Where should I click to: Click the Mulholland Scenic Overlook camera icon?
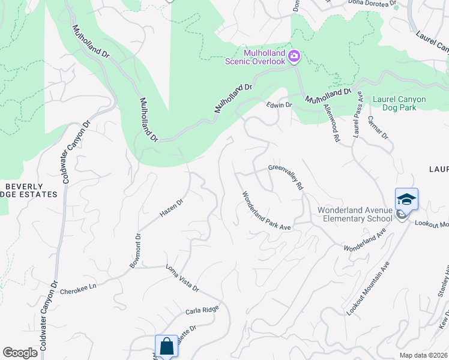294,56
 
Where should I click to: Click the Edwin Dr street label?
279,105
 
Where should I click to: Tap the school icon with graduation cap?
406,199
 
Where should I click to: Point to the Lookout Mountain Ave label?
366,289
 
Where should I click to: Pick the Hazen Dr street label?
170,207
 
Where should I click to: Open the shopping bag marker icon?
166,346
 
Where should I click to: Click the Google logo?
20,353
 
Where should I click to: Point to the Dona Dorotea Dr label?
372,3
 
